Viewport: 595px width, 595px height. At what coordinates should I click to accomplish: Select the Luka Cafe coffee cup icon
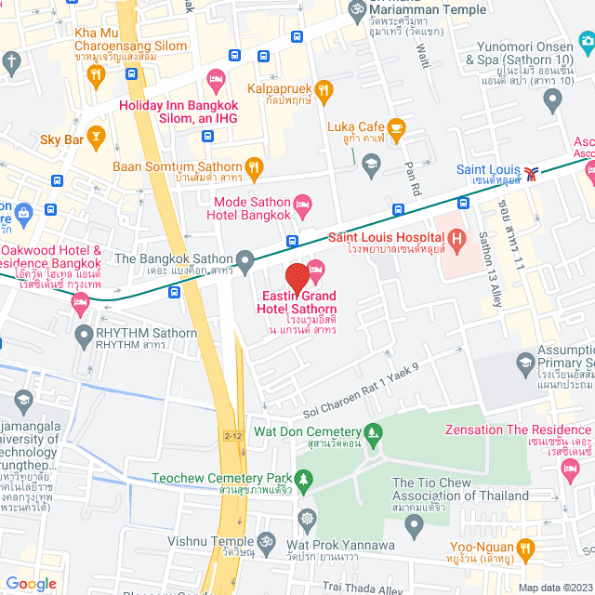(x=397, y=127)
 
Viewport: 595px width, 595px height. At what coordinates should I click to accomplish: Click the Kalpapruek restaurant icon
(x=324, y=90)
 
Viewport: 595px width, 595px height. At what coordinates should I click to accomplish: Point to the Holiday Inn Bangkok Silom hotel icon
(x=216, y=80)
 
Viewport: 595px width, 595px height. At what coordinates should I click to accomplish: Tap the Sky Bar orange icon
(x=95, y=134)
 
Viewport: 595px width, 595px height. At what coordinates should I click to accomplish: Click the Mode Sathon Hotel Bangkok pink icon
(x=302, y=203)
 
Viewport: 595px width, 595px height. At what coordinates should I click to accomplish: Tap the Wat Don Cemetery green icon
(x=374, y=431)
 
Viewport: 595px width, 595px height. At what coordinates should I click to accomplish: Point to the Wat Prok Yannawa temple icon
(x=307, y=518)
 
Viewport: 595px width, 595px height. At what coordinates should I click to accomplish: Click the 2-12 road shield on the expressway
(x=231, y=432)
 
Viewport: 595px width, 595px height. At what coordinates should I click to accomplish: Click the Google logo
(x=31, y=584)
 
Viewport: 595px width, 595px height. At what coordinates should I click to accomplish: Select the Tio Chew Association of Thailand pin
(x=416, y=522)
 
